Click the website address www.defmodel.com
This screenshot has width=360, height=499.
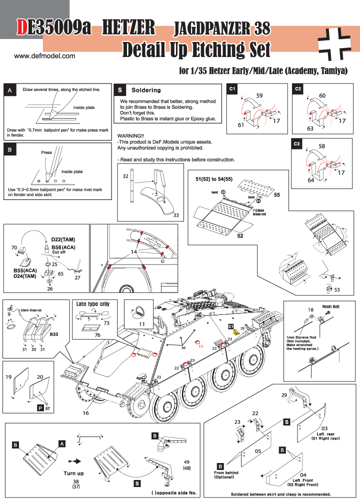44,55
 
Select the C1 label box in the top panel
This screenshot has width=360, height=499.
232,88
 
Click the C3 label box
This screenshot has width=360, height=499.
297,144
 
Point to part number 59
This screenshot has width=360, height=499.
259,95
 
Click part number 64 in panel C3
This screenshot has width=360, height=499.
311,180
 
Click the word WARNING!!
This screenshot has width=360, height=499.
130,135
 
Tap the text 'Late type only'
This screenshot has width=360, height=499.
93,304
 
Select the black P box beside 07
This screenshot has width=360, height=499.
40,408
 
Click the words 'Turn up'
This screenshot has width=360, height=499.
73,472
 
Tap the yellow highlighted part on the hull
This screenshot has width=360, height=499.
237,332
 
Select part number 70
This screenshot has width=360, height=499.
14,247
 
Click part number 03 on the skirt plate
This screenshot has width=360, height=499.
324,428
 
